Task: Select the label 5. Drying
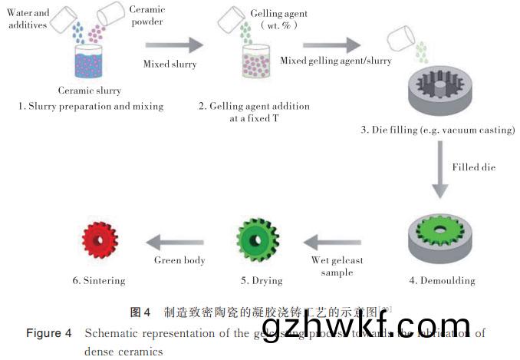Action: click(253, 280)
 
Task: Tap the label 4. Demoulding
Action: click(441, 280)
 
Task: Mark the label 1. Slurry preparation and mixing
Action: click(91, 106)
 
